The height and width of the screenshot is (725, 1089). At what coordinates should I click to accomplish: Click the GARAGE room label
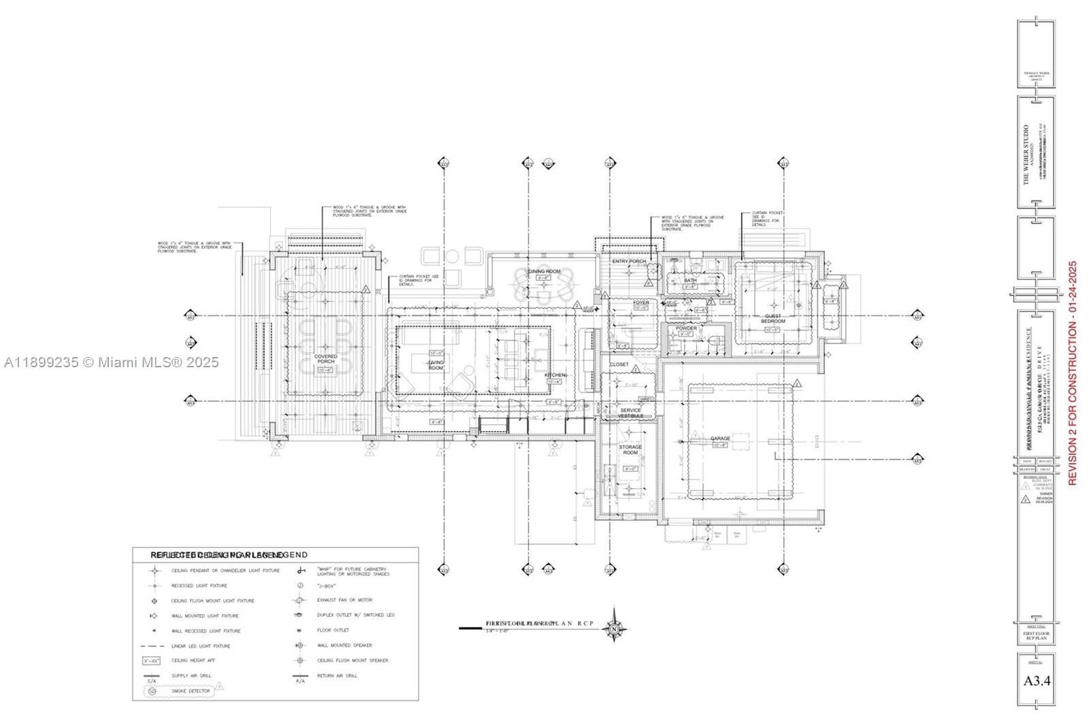point(720,439)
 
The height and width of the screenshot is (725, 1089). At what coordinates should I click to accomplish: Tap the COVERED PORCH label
point(325,360)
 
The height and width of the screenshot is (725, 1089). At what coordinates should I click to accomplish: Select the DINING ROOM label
point(544,271)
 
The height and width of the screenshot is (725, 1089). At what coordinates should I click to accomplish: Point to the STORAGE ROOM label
point(630,450)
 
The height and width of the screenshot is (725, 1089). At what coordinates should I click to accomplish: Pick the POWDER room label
point(686,328)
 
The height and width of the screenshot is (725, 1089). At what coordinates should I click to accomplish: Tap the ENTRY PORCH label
point(628,261)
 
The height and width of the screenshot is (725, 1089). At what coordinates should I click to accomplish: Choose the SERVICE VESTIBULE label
point(630,413)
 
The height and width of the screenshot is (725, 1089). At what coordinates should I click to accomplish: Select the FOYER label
point(640,303)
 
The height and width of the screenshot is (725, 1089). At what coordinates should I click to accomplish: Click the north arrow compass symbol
point(615,630)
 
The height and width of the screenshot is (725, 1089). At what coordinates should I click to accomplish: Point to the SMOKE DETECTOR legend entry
point(190,691)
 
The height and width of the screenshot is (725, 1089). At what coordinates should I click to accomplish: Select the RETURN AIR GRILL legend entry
point(337,676)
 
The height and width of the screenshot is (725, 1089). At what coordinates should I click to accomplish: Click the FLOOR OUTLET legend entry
point(333,630)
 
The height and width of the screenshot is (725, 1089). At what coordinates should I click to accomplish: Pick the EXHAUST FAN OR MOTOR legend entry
point(344,601)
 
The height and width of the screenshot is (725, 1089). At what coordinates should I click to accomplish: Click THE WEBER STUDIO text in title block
point(1026,154)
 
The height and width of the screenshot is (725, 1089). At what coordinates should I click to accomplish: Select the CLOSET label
point(619,365)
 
